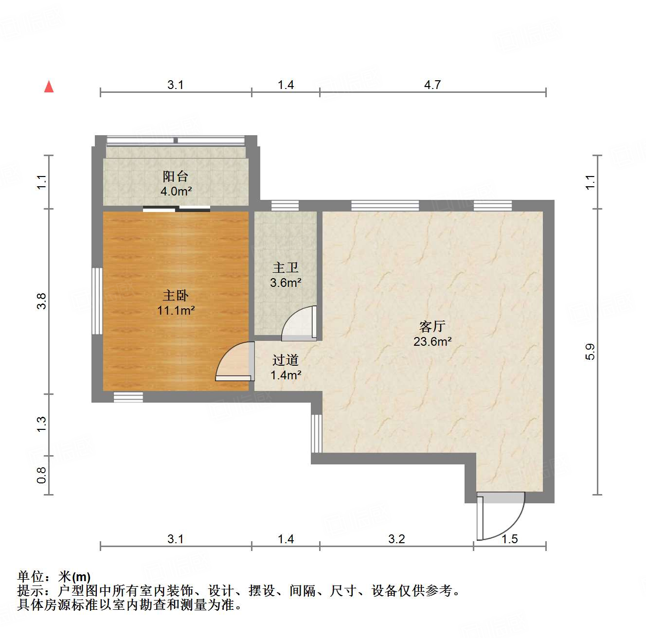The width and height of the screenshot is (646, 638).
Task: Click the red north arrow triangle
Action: [x=49, y=87]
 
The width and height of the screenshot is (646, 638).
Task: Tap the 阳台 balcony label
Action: [x=175, y=176]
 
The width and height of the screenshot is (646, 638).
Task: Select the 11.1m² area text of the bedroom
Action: [x=176, y=310]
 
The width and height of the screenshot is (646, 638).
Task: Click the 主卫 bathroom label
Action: [x=286, y=267]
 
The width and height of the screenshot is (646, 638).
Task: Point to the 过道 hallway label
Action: [x=286, y=360]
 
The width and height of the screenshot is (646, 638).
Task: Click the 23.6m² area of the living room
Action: [x=432, y=341]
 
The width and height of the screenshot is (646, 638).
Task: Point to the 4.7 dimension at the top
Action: [x=432, y=85]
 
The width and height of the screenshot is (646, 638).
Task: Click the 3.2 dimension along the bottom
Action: [x=396, y=539]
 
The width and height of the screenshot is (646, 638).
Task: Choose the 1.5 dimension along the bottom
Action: [x=509, y=539]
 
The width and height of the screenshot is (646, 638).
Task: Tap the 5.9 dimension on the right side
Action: [x=590, y=352]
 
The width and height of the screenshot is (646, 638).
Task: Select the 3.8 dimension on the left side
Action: [x=42, y=301]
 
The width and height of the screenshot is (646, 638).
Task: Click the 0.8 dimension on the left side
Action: [x=42, y=475]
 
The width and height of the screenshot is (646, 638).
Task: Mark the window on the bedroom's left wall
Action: [x=97, y=301]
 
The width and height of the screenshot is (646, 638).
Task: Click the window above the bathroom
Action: [x=285, y=205]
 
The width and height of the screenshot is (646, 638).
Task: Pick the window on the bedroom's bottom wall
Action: [x=128, y=397]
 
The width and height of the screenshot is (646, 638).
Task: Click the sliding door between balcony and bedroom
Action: [x=177, y=209]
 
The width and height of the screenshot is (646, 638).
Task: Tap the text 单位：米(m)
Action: [x=54, y=577]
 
